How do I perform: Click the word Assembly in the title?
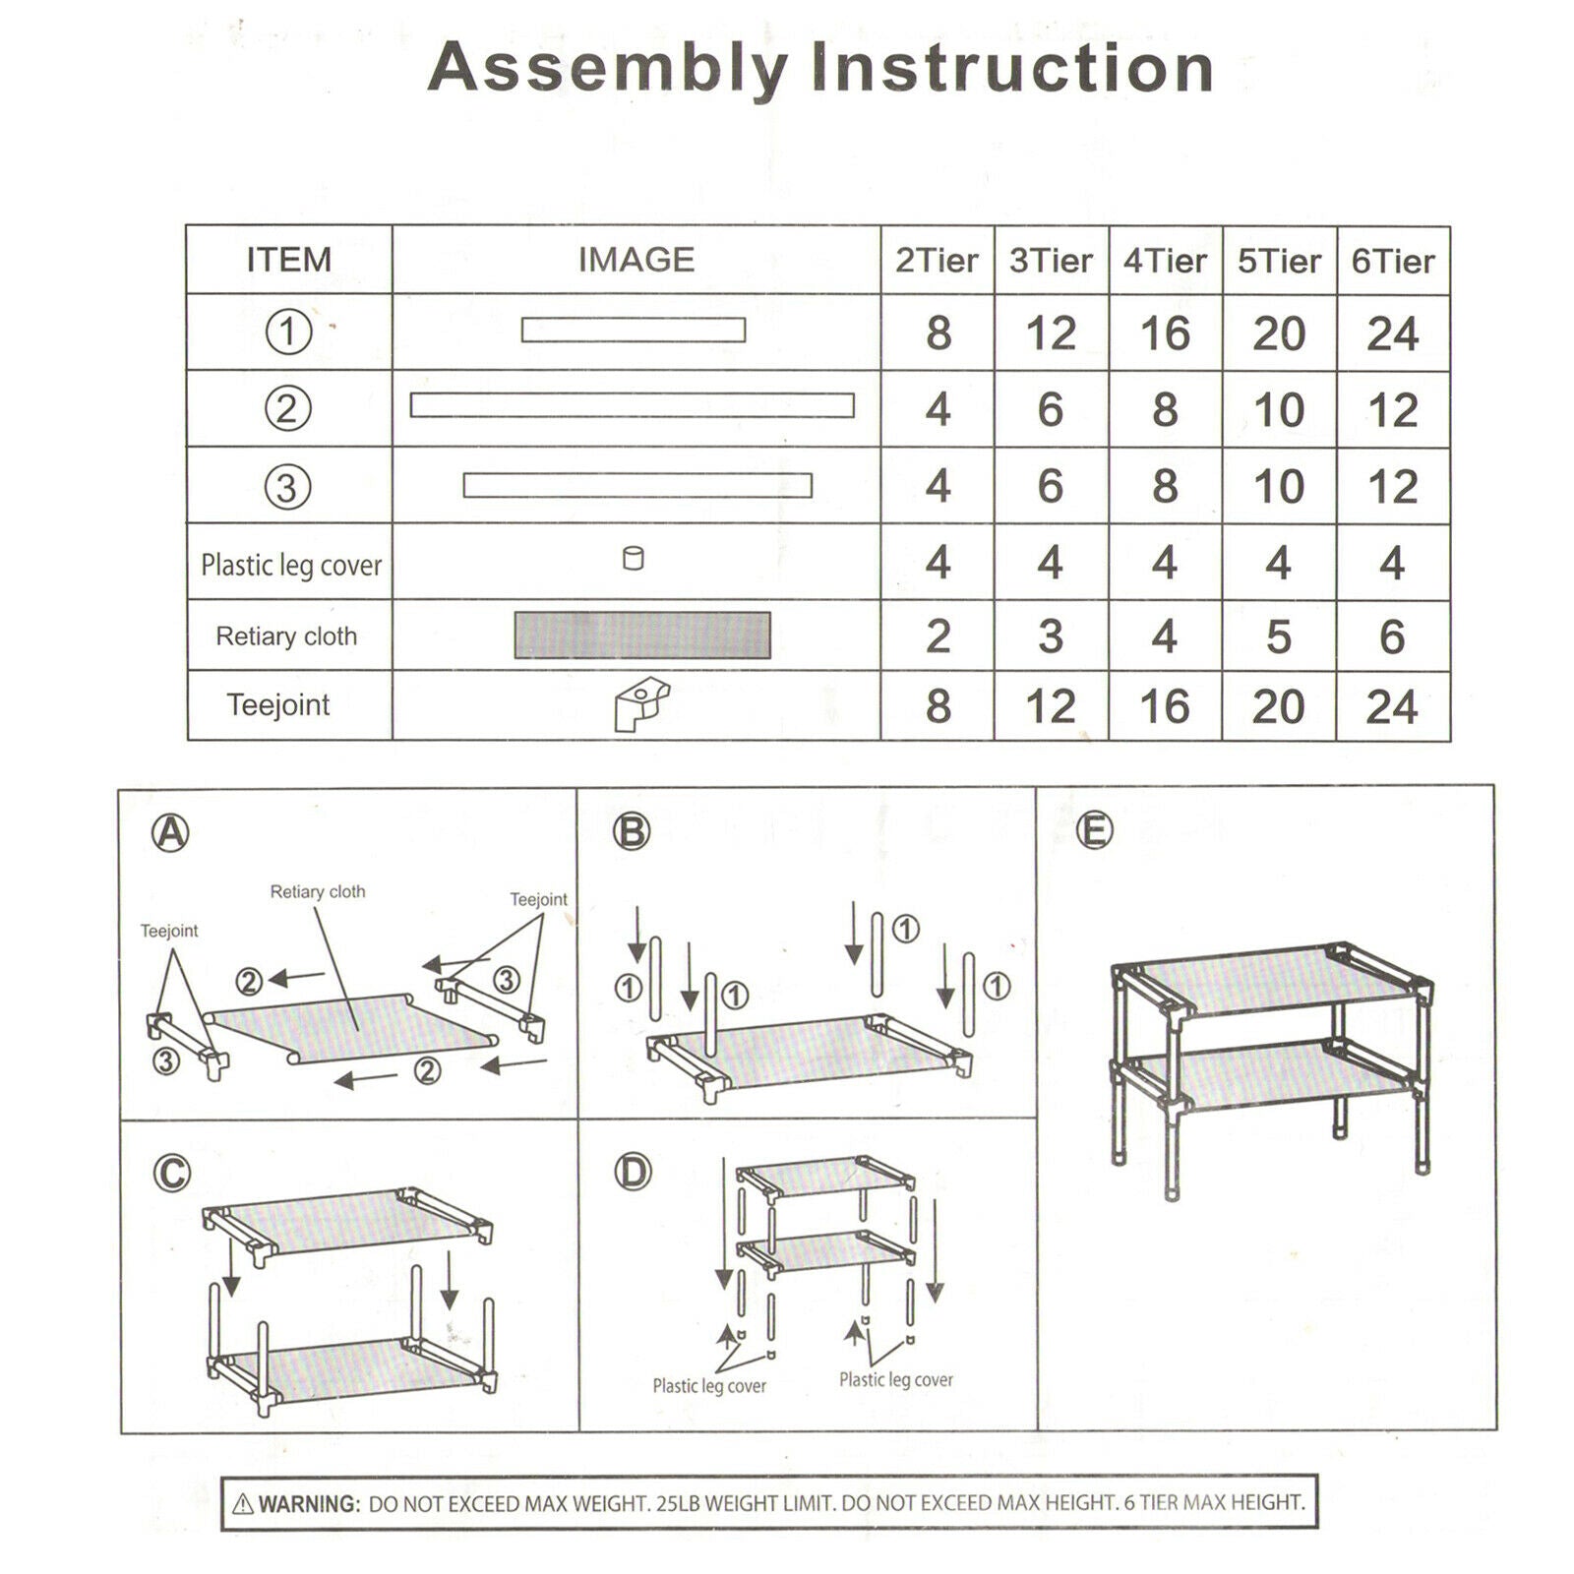pos(608,69)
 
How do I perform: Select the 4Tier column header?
pos(1165,261)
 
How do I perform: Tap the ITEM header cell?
pos(288,260)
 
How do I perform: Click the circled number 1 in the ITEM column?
pos(288,333)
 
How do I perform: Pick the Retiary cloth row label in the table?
pos(286,636)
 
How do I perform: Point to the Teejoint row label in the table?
pos(278,705)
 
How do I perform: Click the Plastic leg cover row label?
pos(291,566)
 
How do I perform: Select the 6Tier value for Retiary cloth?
pos(1391,636)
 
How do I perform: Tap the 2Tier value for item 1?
pos(938,333)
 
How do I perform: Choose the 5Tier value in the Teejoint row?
pos(1278,706)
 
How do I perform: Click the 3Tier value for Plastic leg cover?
pos(1050,563)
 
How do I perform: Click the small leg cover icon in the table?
pos(634,559)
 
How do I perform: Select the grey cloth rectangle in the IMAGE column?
pos(642,636)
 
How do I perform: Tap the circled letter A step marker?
pos(170,833)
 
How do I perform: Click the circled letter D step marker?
pos(633,1172)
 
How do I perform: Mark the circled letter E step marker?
pos(1094,830)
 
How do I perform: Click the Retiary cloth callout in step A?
pos(318,892)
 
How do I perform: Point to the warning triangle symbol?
pos(243,1503)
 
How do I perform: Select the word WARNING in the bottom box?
pos(309,1503)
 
